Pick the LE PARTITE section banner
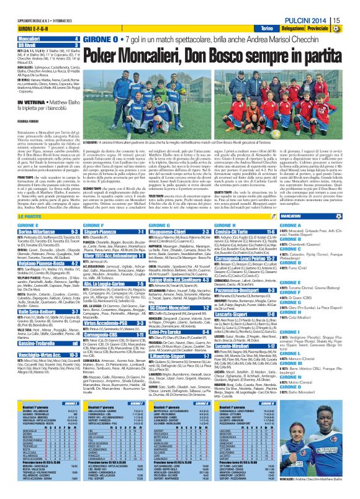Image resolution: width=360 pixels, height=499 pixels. [x=25, y=215]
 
